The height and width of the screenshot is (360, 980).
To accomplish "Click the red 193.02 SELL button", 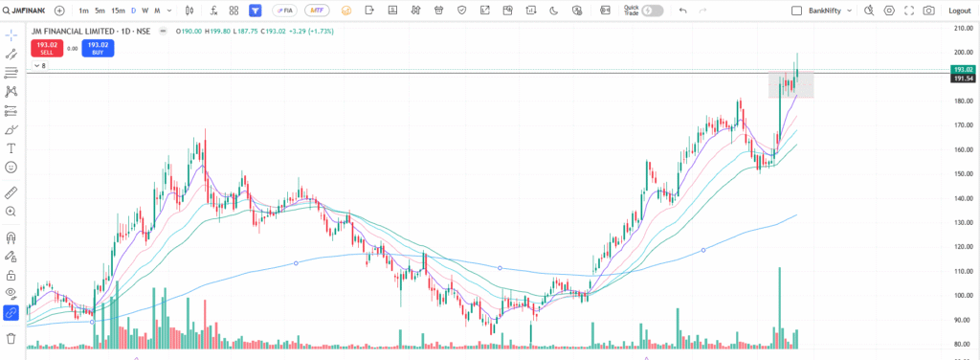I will pyautogui.click(x=46, y=48).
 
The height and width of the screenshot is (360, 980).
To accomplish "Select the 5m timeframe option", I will pyautogui.click(x=100, y=11).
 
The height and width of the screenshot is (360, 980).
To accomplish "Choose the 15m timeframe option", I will pyautogui.click(x=117, y=11).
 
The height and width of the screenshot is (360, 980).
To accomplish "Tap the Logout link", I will pyautogui.click(x=958, y=11).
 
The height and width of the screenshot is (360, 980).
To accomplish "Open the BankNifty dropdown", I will pyautogui.click(x=823, y=11).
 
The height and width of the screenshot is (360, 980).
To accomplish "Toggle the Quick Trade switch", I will pyautogui.click(x=653, y=11).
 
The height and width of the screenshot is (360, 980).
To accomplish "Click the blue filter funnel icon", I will pyautogui.click(x=256, y=11).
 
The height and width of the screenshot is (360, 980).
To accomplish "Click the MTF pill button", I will pyautogui.click(x=313, y=11).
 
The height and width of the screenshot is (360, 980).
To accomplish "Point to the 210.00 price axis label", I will pyautogui.click(x=962, y=28).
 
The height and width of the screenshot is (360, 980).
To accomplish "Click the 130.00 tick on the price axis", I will pyautogui.click(x=962, y=222).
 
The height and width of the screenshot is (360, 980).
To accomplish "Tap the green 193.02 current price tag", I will pyautogui.click(x=963, y=70).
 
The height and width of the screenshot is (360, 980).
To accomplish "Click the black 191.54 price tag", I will pyautogui.click(x=963, y=79).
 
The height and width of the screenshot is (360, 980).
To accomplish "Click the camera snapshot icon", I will pyautogui.click(x=928, y=11).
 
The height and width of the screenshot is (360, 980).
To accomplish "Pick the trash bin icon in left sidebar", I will pyautogui.click(x=11, y=338).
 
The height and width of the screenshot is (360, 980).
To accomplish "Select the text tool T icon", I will pyautogui.click(x=11, y=148).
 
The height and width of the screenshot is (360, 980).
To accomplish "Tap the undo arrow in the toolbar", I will pyautogui.click(x=682, y=11).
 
